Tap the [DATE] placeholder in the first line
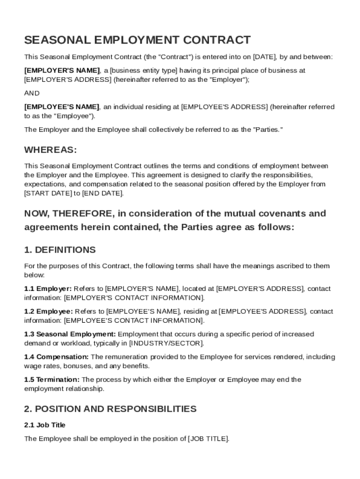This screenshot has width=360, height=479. click(265, 57)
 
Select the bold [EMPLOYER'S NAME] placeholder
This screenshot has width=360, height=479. click(62, 71)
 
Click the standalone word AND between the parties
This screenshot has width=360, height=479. click(32, 93)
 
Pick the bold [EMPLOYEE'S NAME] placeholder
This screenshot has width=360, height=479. click(62, 107)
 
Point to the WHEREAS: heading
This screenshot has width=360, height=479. click(50, 150)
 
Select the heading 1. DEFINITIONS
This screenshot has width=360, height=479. click(60, 250)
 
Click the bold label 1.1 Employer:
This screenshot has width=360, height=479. click(48, 289)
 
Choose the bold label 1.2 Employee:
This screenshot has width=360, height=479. click(48, 312)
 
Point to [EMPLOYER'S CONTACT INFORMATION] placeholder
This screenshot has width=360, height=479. click(134, 298)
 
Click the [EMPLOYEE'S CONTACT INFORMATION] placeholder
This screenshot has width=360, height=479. click(134, 321)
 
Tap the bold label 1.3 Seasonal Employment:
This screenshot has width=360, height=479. click(70, 334)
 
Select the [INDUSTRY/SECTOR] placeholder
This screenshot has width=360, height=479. click(166, 343)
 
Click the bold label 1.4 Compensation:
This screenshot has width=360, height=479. click(56, 357)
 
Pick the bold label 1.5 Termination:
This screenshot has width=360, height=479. click(51, 380)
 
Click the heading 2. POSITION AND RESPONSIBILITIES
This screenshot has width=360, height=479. click(110, 409)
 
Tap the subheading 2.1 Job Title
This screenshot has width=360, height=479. click(45, 425)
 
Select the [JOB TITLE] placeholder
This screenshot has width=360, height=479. click(208, 439)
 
